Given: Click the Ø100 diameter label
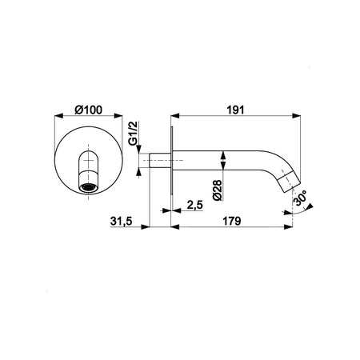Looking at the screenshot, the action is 88,110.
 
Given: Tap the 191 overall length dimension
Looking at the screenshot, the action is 235,110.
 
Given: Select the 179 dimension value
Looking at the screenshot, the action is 232,221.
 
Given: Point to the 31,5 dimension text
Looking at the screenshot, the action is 122,221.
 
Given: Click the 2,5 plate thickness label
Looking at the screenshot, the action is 195,205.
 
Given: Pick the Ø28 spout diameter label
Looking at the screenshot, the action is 218,190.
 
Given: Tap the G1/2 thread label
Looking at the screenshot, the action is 133,133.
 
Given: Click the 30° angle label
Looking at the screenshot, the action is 300,198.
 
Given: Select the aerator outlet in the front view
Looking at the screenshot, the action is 88,188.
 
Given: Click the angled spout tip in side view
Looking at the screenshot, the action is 288,181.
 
